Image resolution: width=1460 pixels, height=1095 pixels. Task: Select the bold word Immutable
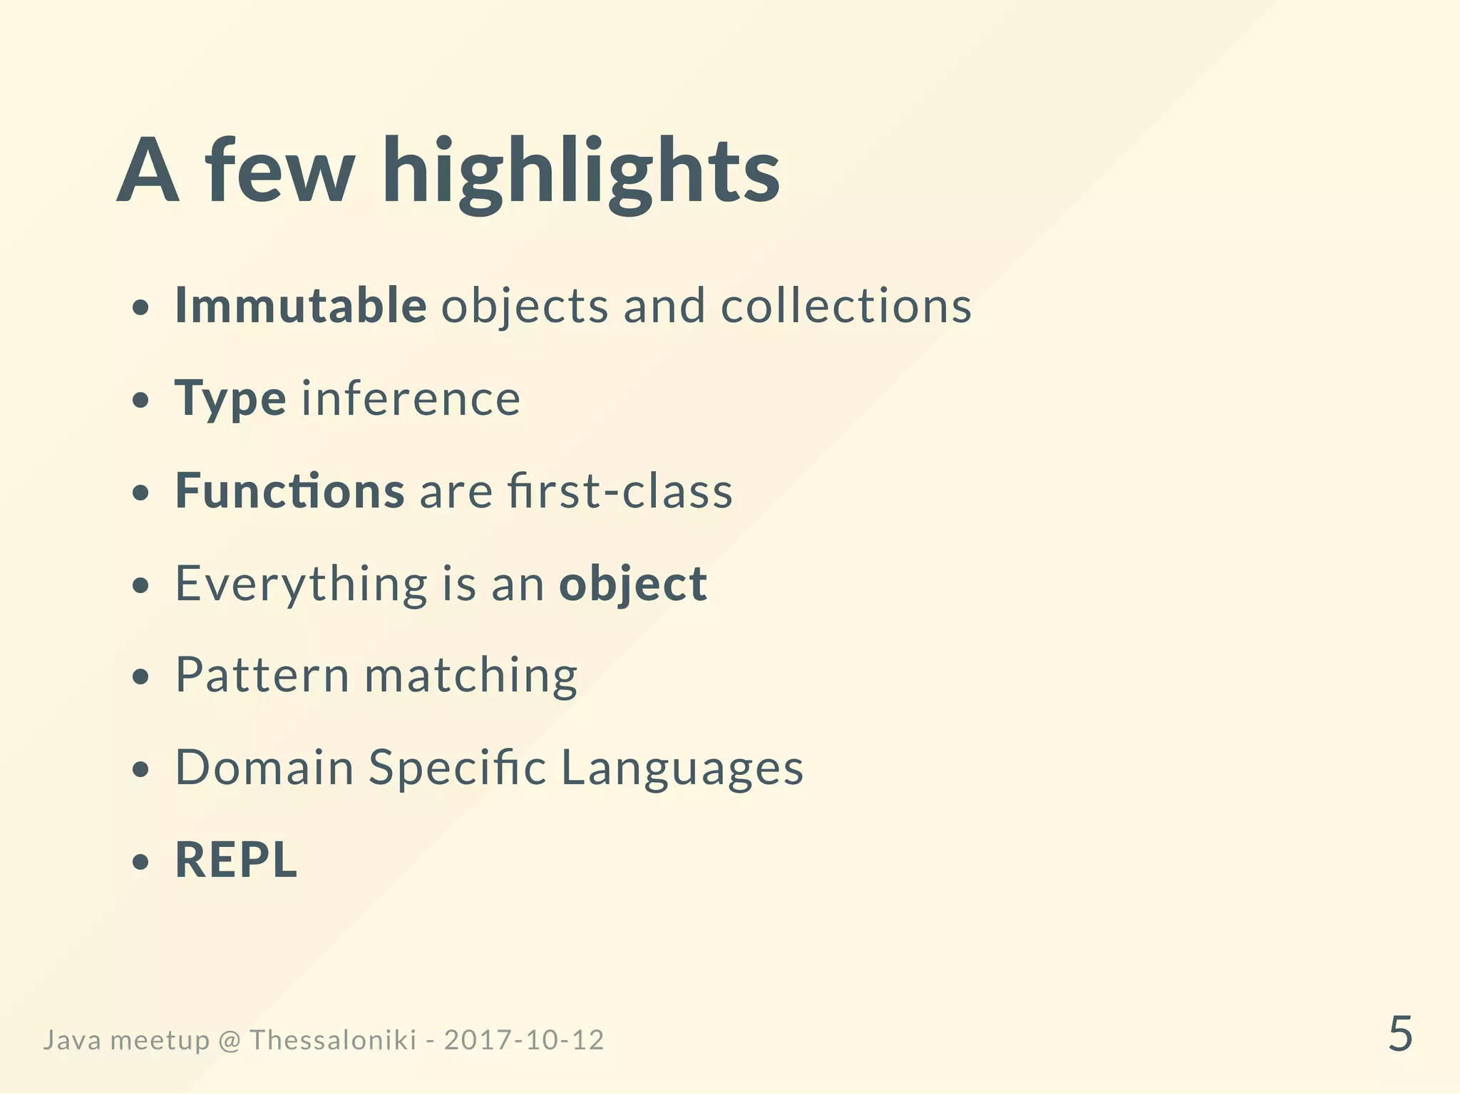pos(301,306)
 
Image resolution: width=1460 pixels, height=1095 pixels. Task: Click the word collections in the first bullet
pos(846,306)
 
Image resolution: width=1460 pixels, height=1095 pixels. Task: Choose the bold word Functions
pos(290,491)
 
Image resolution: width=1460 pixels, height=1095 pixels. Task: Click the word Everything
pos(301,584)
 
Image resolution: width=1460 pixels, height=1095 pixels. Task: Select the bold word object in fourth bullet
pos(633,584)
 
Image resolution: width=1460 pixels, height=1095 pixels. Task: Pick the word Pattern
pos(262,675)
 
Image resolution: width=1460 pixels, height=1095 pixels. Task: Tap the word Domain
pos(264,768)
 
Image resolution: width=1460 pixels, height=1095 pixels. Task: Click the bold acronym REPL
pos(236,860)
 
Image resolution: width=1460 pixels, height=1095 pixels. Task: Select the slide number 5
pos(1400,1034)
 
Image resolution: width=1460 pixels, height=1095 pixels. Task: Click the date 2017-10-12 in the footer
pos(524,1040)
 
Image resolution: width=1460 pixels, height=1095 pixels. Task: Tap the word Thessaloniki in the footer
pos(333,1040)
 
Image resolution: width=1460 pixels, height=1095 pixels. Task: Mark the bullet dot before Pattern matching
pos(142,677)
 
